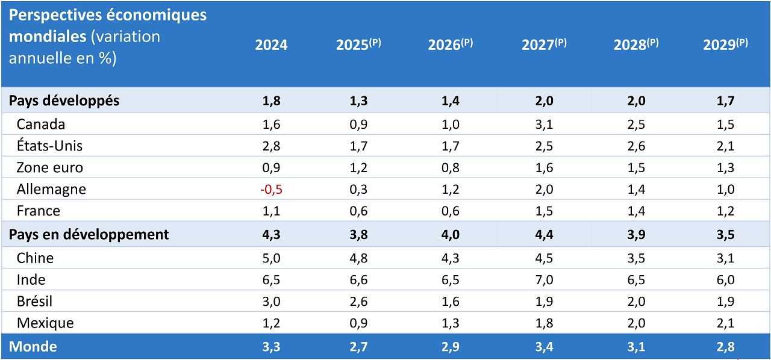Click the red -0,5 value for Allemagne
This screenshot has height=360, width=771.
[x=271, y=190]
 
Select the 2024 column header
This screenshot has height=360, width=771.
[x=271, y=45]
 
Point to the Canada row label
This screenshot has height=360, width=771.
[x=41, y=125]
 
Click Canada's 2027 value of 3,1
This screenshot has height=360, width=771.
[x=543, y=125]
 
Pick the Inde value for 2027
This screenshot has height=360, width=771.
[x=543, y=280]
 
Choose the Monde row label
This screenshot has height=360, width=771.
[x=33, y=347]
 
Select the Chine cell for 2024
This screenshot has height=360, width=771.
[x=271, y=258]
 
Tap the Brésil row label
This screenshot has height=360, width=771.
[x=36, y=302]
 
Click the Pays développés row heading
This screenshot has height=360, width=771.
[x=64, y=101]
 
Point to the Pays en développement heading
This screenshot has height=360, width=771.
[x=89, y=235]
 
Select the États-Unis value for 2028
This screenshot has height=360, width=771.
[x=635, y=146]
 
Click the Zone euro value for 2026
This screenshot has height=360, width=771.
[x=450, y=168]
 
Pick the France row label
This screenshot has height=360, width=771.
[x=39, y=211]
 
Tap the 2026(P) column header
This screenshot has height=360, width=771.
[x=450, y=45]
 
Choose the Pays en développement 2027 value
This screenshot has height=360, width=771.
[x=543, y=235]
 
